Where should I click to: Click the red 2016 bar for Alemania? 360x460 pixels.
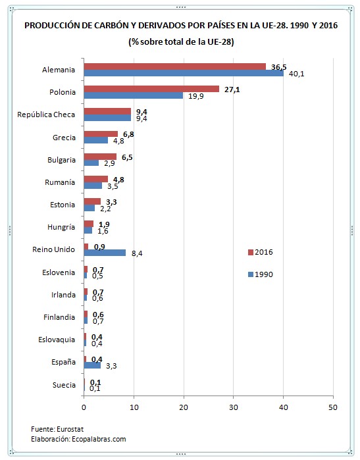coord(174,66)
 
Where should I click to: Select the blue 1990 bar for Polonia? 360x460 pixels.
coord(134,95)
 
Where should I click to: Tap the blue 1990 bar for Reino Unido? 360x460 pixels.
coord(105,253)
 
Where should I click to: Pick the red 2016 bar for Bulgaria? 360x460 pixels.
coord(100,157)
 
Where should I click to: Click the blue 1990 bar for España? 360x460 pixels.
coord(92,365)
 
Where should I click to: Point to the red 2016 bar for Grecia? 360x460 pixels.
coord(101,134)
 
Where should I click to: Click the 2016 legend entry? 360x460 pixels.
coord(260,252)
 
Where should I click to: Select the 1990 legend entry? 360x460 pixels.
coord(260,274)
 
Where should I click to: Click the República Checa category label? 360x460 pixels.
coord(46,115)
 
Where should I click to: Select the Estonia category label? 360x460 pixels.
coord(62,205)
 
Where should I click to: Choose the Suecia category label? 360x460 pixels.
coord(63,385)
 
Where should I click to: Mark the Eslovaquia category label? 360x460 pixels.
coord(56,340)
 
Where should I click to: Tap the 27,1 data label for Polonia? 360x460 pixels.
coord(231,89)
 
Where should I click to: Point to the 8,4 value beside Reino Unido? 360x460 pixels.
coord(136,253)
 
